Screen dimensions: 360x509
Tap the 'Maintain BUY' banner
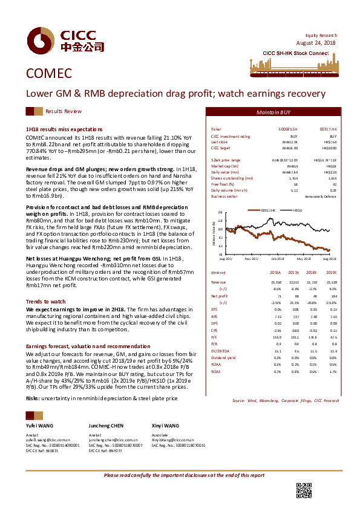click(x=273, y=112)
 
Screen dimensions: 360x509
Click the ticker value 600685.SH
click(x=288, y=129)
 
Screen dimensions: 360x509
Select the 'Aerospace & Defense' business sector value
click(x=320, y=196)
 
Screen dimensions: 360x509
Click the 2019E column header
click(x=330, y=273)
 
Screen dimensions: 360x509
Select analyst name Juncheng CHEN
click(x=107, y=426)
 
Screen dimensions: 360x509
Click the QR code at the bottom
click(x=303, y=491)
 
